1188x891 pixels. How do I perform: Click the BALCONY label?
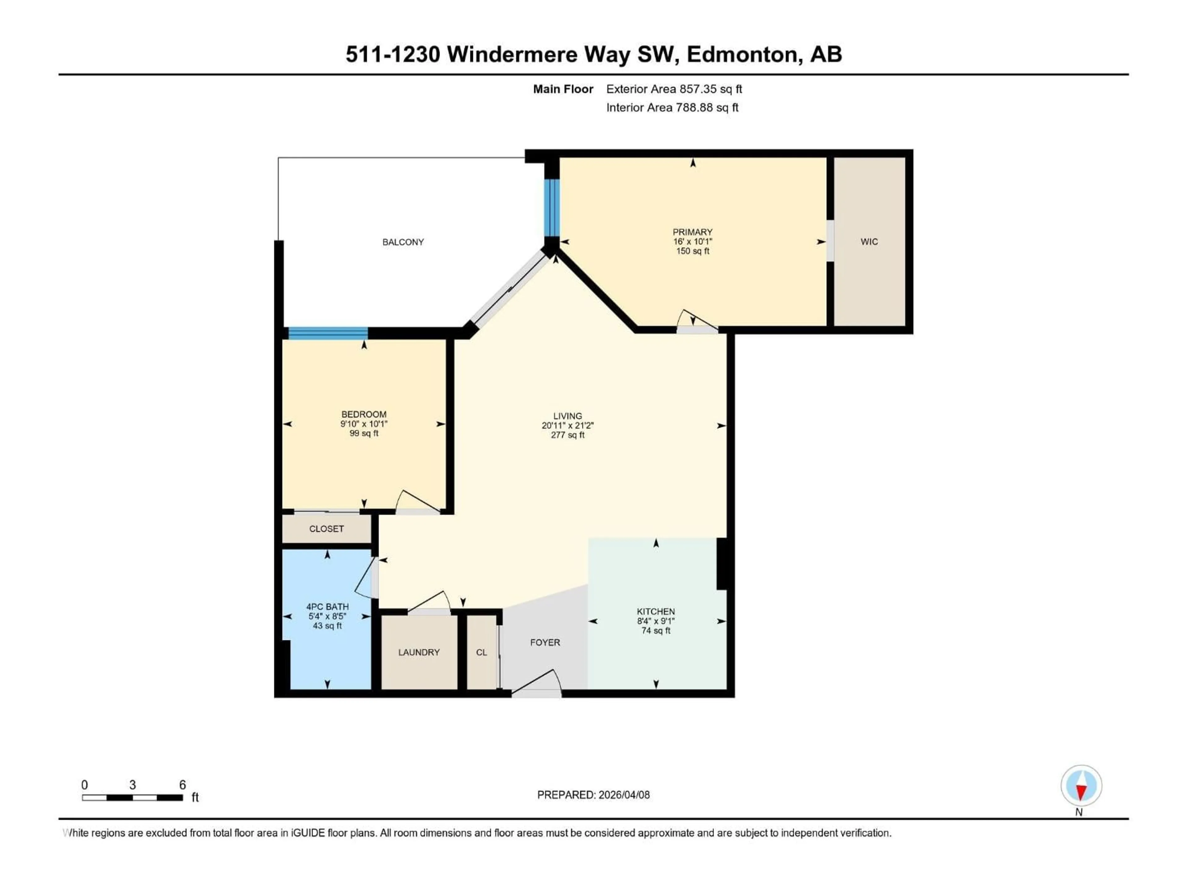[403, 242]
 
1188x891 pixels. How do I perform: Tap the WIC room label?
[869, 242]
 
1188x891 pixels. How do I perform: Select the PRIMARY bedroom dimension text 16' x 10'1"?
[692, 242]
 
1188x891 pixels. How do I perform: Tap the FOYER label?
[544, 642]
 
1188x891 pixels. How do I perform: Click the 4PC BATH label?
[327, 606]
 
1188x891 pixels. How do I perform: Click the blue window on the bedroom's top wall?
[328, 333]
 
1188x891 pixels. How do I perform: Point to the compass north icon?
[1081, 786]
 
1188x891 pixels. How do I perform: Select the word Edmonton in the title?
[741, 54]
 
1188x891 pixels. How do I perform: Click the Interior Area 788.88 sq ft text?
[672, 107]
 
